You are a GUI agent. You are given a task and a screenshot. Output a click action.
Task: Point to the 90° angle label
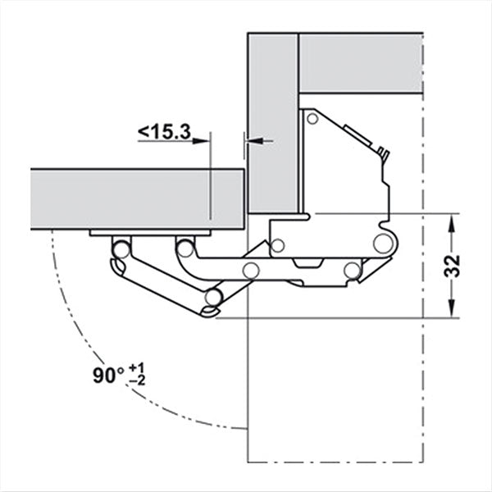click(109, 376)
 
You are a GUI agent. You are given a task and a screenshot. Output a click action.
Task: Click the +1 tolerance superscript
click(139, 367)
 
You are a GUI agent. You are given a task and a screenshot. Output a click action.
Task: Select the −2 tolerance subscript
click(139, 383)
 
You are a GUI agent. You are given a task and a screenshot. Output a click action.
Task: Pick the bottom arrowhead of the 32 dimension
click(452, 311)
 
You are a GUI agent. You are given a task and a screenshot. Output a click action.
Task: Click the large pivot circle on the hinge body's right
click(382, 243)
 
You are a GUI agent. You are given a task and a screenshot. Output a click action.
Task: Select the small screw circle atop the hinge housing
click(311, 120)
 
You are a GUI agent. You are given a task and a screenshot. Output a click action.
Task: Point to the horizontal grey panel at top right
click(361, 61)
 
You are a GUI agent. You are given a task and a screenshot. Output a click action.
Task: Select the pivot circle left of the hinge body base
click(279, 245)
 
